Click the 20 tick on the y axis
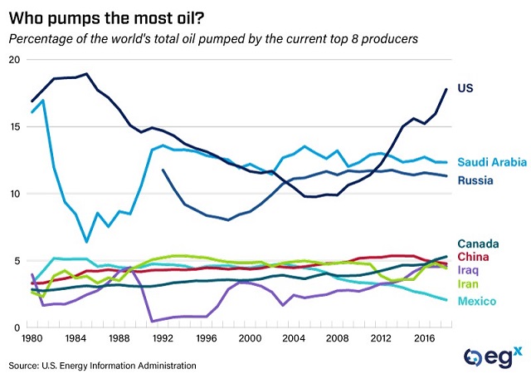pyautogui.click(x=14, y=60)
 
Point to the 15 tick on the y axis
pyautogui.click(x=14, y=127)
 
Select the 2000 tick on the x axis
pyautogui.click(x=248, y=340)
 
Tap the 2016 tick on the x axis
pyautogui.click(x=421, y=340)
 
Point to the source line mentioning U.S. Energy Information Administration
pyautogui.click(x=104, y=365)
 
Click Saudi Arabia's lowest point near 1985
pyautogui.click(x=86, y=242)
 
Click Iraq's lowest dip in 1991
pyautogui.click(x=152, y=321)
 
